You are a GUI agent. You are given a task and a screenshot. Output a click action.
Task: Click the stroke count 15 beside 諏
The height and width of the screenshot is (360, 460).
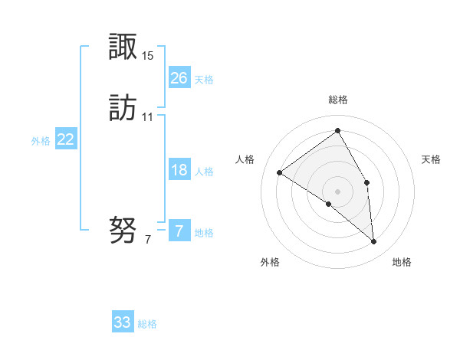click(x=148, y=56)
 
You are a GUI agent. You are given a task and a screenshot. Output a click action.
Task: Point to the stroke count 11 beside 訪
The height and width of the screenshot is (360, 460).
click(x=148, y=117)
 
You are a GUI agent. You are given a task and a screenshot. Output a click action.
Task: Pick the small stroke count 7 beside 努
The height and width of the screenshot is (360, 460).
click(x=148, y=240)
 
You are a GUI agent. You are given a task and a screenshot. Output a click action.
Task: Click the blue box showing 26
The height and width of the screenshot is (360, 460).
click(x=179, y=77)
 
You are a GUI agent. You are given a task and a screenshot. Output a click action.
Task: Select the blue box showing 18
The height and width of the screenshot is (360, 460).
click(x=179, y=170)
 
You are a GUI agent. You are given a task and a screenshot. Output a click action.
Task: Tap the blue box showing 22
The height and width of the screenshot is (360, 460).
click(x=66, y=139)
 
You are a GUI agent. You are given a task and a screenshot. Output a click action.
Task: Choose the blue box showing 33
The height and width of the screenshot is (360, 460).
click(x=123, y=322)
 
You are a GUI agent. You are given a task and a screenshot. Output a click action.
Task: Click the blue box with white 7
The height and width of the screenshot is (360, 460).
click(x=179, y=231)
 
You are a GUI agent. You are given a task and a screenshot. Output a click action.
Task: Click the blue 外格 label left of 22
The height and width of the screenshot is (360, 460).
click(x=41, y=141)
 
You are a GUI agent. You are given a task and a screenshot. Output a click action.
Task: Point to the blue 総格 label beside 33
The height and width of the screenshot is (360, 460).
click(x=147, y=324)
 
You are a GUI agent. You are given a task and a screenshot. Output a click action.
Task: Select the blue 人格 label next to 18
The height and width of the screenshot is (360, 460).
click(x=205, y=172)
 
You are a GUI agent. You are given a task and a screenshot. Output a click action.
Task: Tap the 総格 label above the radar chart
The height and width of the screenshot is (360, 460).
click(x=338, y=100)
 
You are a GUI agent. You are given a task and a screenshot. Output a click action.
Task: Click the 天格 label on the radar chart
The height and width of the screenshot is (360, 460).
click(x=431, y=159)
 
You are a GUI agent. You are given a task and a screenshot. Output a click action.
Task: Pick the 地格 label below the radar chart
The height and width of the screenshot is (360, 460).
click(x=402, y=262)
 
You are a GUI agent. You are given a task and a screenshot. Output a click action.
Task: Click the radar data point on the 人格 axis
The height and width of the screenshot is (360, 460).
click(x=279, y=173)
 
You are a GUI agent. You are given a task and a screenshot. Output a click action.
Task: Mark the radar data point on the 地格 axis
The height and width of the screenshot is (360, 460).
click(x=374, y=242)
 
